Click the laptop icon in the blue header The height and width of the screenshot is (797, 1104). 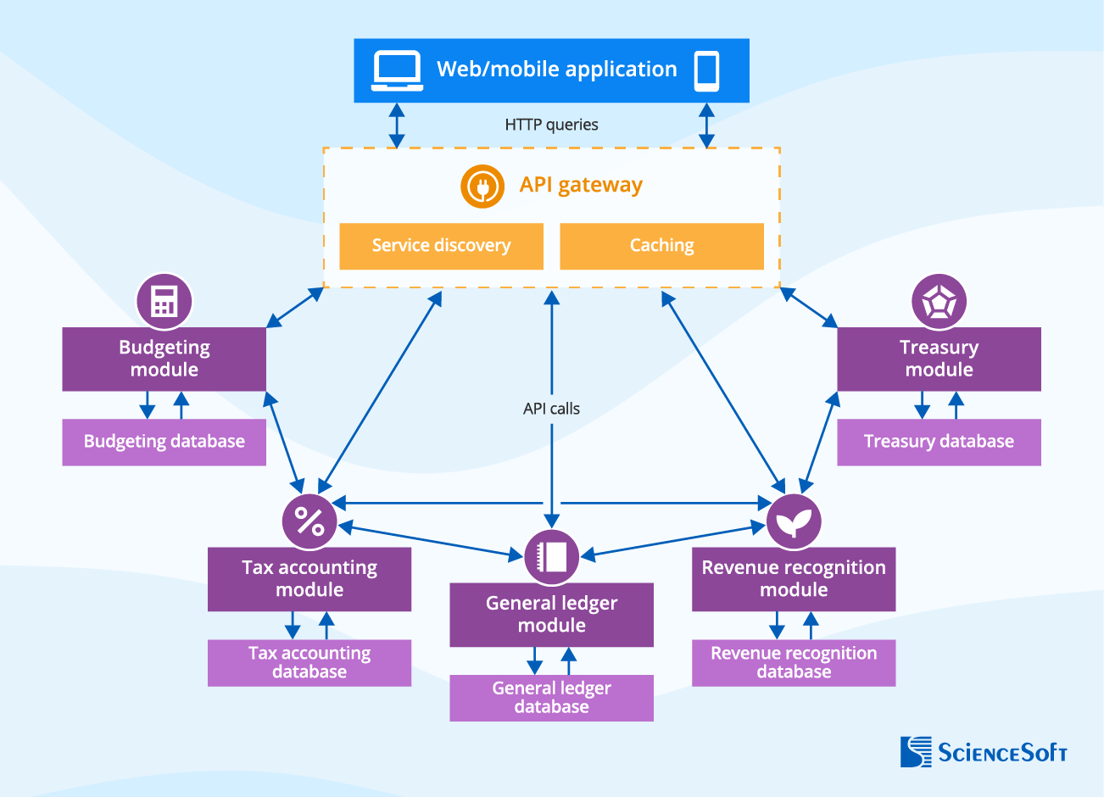point(397,70)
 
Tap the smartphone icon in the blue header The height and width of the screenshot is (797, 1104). point(706,70)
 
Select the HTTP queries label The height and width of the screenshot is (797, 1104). point(551,125)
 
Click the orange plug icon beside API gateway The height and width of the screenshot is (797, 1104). point(482,186)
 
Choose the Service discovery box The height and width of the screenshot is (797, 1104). point(441,246)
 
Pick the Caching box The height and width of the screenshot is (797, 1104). point(661,246)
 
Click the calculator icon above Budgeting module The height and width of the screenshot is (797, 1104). point(164,301)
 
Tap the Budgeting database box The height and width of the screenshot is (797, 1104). point(164,442)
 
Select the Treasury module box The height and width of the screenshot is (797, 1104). point(939,359)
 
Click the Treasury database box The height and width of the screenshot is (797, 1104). point(939,442)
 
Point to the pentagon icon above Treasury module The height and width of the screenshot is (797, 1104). point(939,301)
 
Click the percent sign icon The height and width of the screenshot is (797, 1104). point(309,521)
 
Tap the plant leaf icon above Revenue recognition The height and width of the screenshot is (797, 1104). point(794,521)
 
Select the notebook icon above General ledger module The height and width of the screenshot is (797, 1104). point(551,557)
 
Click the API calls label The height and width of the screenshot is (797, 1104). point(551,409)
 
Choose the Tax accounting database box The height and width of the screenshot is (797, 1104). point(309,662)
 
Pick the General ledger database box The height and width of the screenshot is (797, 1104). point(551,698)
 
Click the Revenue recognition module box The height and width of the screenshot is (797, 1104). point(794,579)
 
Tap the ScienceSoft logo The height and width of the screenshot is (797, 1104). point(984,752)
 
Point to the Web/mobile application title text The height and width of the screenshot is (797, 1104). point(556,70)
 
